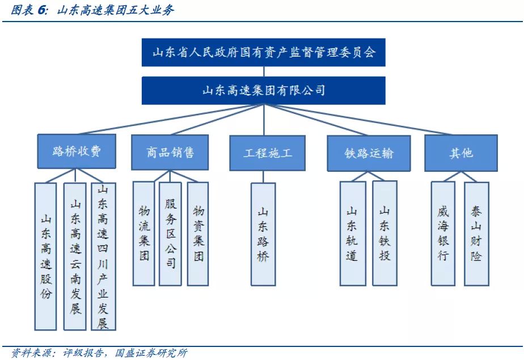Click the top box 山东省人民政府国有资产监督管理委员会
(x=264, y=52)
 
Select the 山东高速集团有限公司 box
(x=264, y=90)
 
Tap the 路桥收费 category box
(x=77, y=152)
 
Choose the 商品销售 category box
(x=170, y=152)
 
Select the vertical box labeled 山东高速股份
(x=45, y=256)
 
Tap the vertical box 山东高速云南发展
(x=75, y=256)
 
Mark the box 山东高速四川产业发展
(x=103, y=256)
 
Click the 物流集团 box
(x=144, y=233)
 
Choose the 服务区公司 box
(x=171, y=233)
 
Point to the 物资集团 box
(x=198, y=233)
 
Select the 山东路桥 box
(x=263, y=234)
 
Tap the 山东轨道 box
(x=352, y=233)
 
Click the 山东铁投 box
(x=384, y=233)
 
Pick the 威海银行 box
(x=443, y=233)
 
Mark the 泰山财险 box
(x=476, y=233)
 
